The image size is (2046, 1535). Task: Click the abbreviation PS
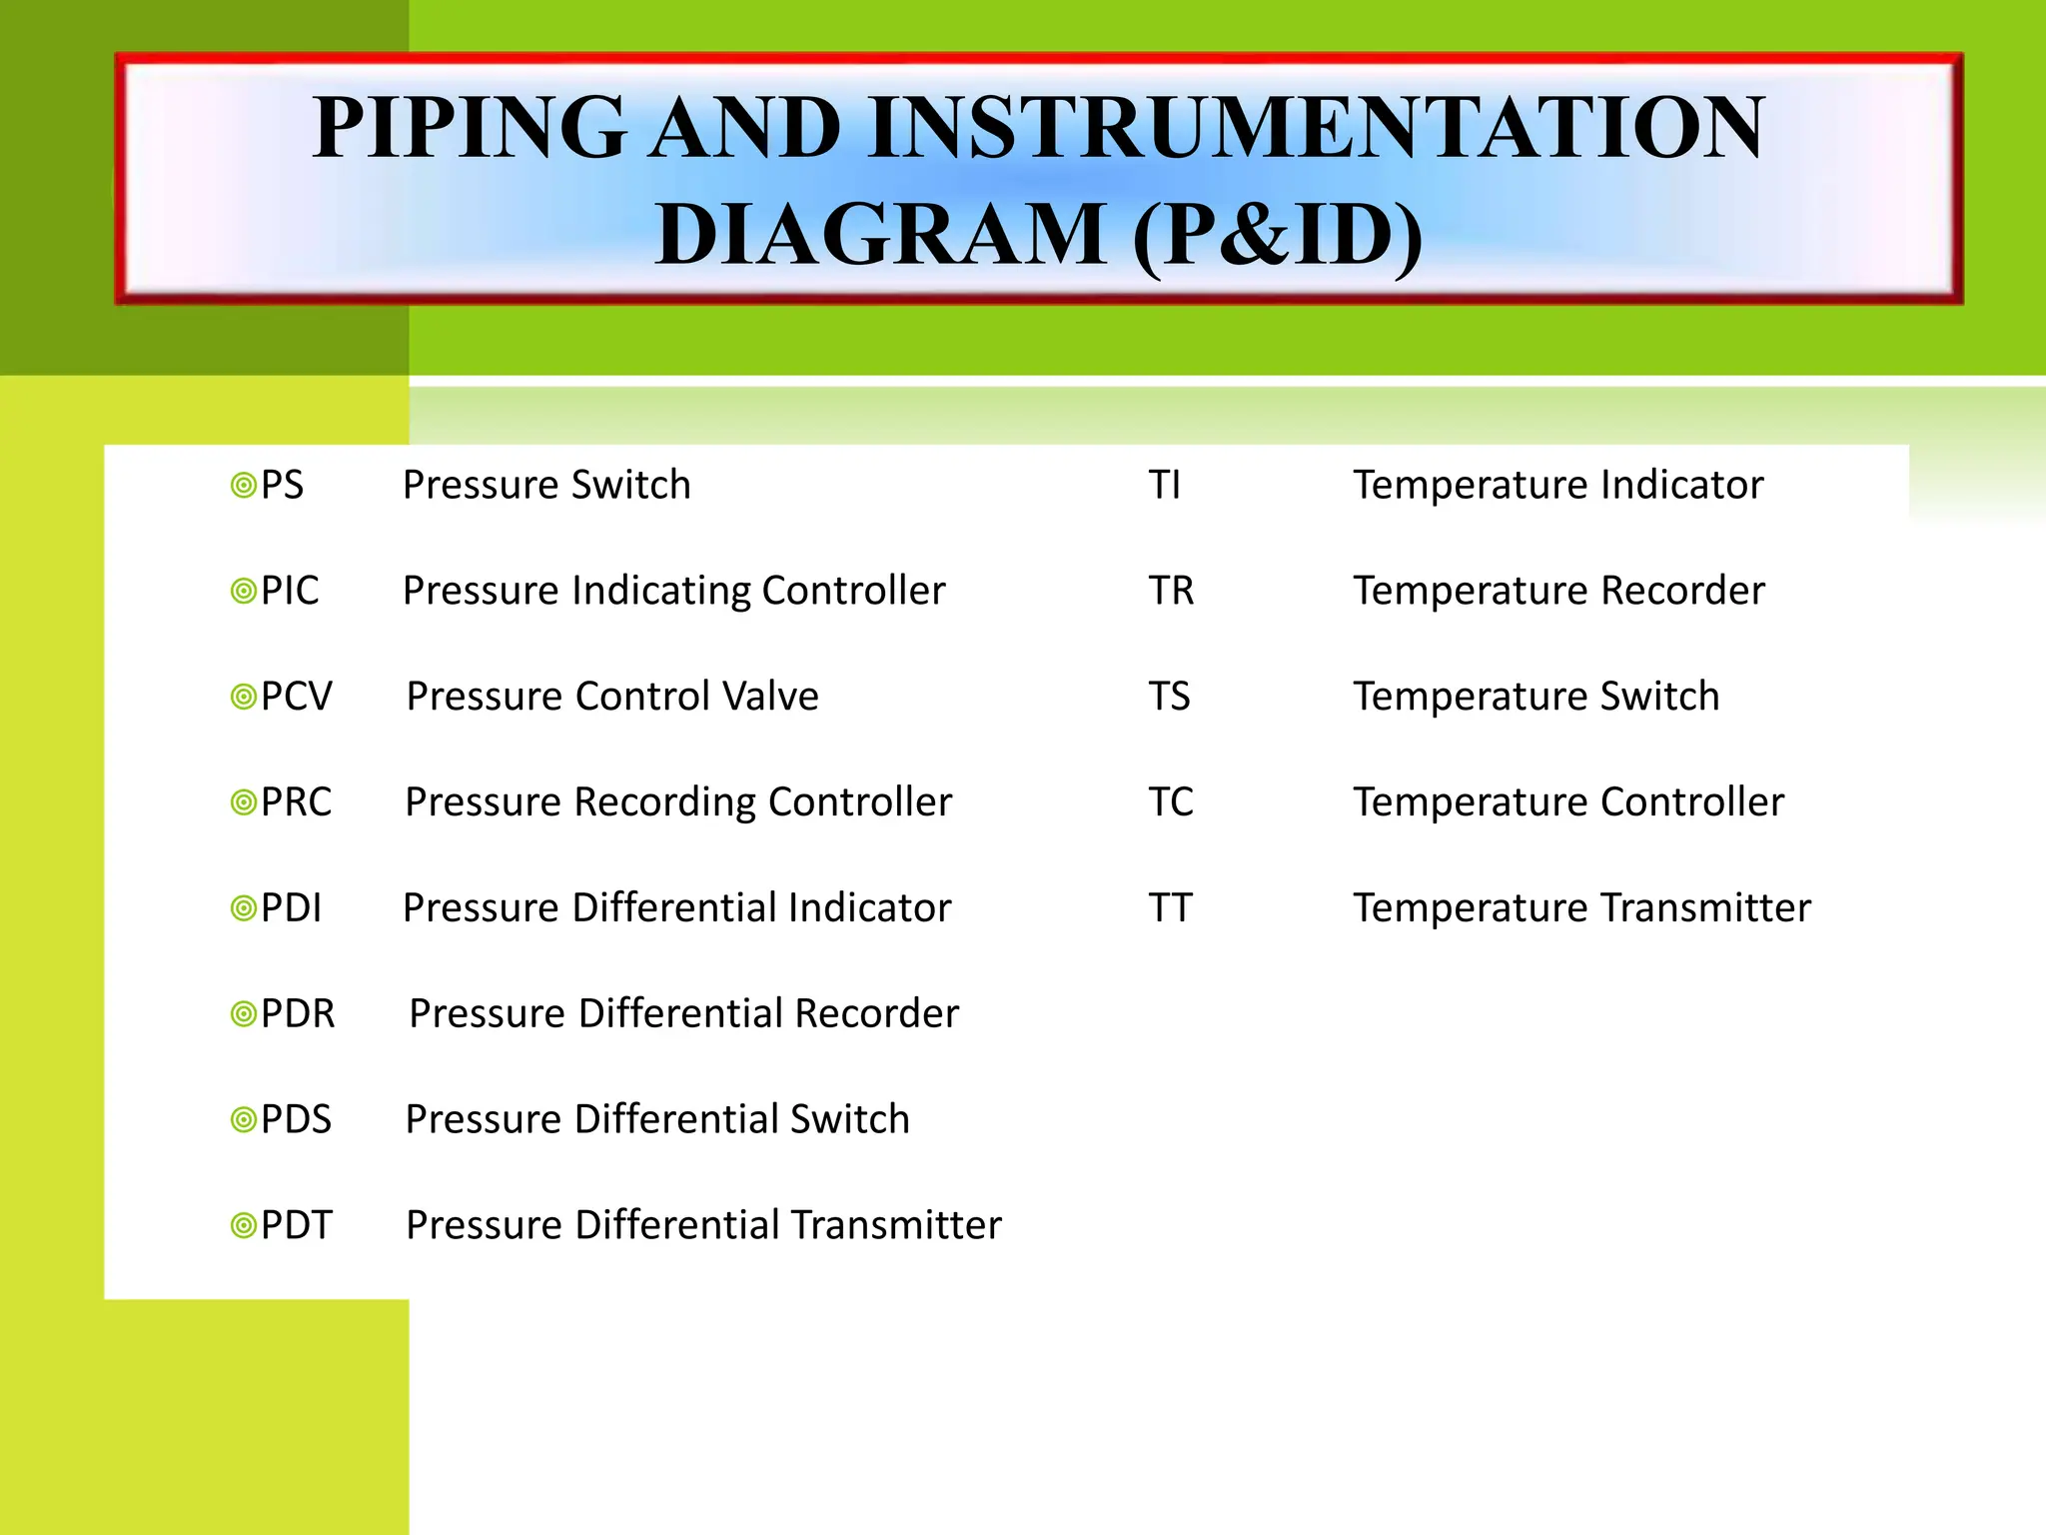[282, 486]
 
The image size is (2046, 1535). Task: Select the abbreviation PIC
[290, 592]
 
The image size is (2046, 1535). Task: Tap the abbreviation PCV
[296, 697]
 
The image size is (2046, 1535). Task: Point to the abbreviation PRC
[296, 802]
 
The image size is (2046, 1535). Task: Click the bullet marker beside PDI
[243, 908]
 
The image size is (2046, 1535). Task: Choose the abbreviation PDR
[298, 1014]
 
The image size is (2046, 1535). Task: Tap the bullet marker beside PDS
[243, 1119]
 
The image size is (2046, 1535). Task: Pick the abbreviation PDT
[296, 1225]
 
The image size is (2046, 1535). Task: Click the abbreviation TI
[1165, 486]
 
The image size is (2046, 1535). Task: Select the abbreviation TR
[1171, 592]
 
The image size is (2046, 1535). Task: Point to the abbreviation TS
[1169, 697]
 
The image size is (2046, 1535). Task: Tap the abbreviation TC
[1171, 802]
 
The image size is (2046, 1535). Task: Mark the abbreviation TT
[1170, 908]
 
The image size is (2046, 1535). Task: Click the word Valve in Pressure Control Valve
[770, 697]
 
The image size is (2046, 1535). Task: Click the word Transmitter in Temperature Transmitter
[1705, 908]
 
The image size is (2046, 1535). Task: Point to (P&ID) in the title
[1278, 235]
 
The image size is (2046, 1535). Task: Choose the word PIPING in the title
[470, 128]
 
